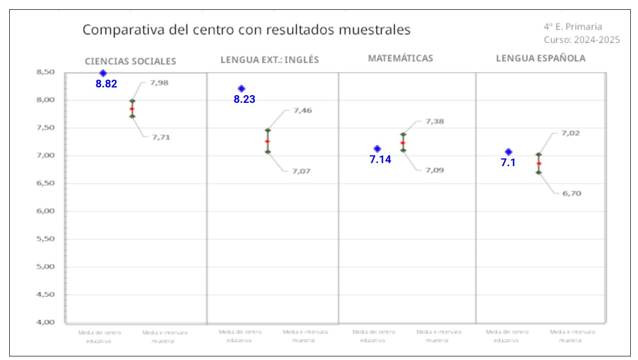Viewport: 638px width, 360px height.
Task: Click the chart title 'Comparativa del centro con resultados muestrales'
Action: click(x=246, y=30)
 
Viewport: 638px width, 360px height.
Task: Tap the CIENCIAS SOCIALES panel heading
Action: click(x=130, y=61)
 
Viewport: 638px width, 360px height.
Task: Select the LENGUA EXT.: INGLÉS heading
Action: click(x=270, y=60)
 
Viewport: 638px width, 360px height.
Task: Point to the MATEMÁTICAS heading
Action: click(x=400, y=58)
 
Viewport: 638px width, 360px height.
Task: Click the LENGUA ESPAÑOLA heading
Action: click(x=540, y=58)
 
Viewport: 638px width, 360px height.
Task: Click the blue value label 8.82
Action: click(x=107, y=84)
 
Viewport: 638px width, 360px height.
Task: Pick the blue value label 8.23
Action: click(x=244, y=100)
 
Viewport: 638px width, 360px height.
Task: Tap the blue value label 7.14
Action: click(x=380, y=159)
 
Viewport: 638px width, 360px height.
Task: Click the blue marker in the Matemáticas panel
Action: click(x=377, y=149)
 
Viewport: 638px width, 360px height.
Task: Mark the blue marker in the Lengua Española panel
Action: click(x=508, y=152)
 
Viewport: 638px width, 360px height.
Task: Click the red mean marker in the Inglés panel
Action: click(x=268, y=141)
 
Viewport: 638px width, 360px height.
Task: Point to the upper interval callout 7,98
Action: click(x=159, y=82)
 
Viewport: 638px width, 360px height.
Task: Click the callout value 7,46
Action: click(x=303, y=111)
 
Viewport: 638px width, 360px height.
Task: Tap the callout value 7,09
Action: click(x=435, y=170)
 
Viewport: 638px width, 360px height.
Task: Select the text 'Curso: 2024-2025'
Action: click(x=581, y=40)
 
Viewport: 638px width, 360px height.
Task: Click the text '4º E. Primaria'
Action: click(x=573, y=27)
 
